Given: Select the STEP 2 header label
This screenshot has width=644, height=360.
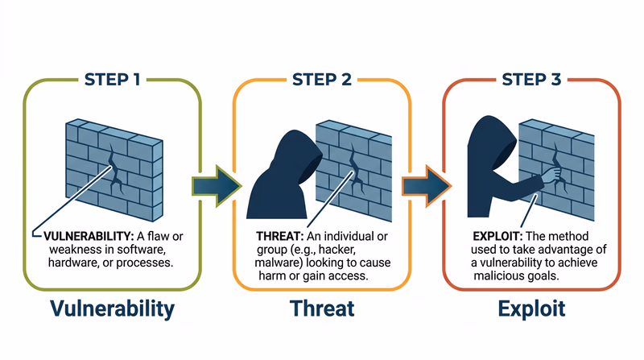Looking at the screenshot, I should pos(322,80).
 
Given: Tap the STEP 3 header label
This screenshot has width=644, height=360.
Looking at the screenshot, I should pos(532,80).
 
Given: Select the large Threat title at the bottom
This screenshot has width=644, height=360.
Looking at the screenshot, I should pos(322,308).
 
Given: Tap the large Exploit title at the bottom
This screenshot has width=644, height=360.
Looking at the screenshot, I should pos(531,308).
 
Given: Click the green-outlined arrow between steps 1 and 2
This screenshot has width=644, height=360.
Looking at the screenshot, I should pos(216,184).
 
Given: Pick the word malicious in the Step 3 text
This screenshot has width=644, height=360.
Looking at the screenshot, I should pos(499,275).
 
